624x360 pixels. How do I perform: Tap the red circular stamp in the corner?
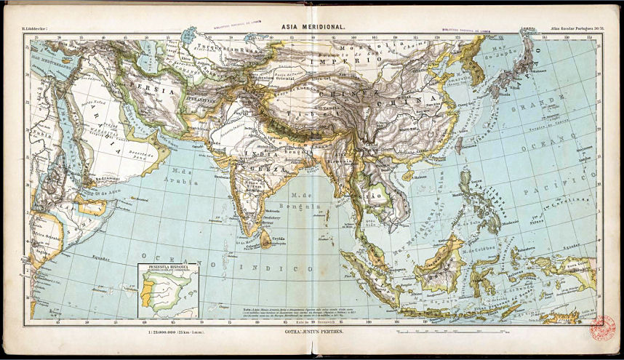pyautogui.click(x=602, y=327)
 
